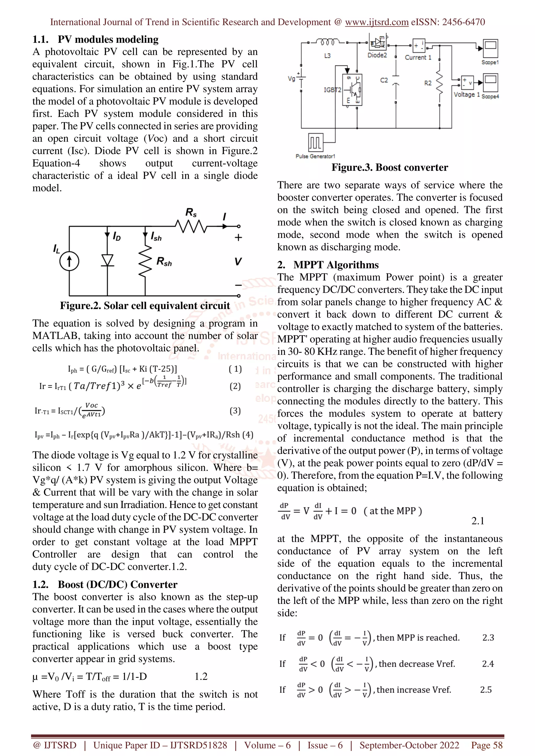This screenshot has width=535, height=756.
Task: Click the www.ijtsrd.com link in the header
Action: (x=376, y=22)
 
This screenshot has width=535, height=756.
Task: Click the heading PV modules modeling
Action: (x=108, y=39)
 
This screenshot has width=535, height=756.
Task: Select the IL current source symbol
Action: (x=69, y=261)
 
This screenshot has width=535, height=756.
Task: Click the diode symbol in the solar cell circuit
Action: (x=107, y=260)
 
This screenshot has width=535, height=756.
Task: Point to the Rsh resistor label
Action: (x=164, y=262)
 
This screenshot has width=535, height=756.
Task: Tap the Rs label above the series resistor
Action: (x=191, y=212)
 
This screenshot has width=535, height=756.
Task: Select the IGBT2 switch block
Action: (x=352, y=89)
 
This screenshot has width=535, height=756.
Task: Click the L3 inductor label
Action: (x=327, y=56)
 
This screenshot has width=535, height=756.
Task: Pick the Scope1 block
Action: (x=490, y=49)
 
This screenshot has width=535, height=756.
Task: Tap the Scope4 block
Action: (x=490, y=83)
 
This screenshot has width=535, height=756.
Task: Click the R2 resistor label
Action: (x=428, y=83)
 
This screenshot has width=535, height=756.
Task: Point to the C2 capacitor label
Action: (x=384, y=80)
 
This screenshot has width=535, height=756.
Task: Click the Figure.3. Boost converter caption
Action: (x=390, y=167)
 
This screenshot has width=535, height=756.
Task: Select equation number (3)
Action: (x=235, y=411)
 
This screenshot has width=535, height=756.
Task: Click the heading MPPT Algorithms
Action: (x=336, y=265)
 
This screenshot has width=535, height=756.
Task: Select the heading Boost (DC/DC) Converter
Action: (x=117, y=584)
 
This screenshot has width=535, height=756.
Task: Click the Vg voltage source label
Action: (x=291, y=79)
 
